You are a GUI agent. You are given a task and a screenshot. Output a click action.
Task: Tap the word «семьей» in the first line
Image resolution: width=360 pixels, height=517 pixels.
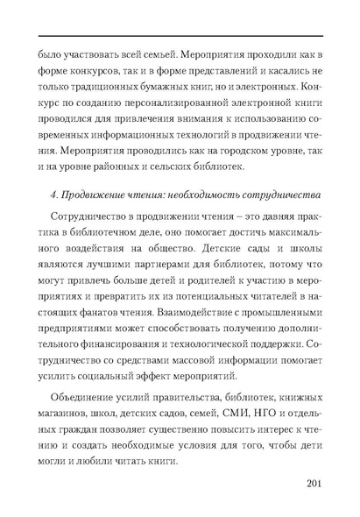(x=143, y=39)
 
